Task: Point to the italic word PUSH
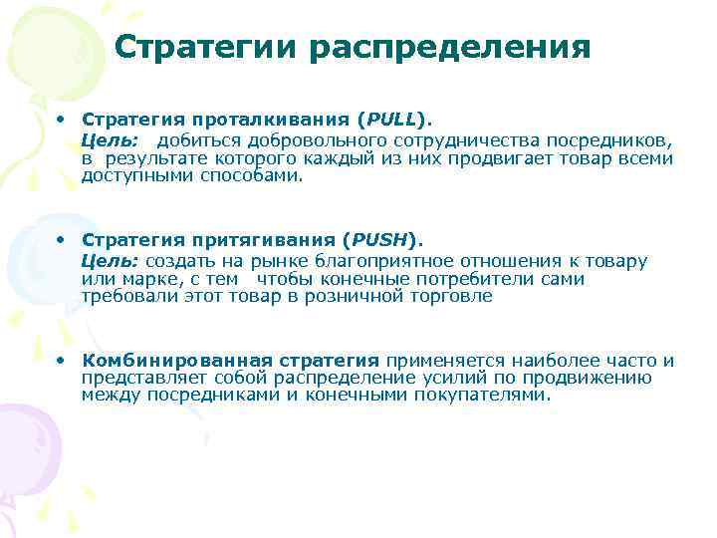[378, 240]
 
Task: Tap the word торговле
[449, 296]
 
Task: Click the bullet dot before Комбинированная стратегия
[62, 360]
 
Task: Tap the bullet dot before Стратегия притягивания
[62, 240]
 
